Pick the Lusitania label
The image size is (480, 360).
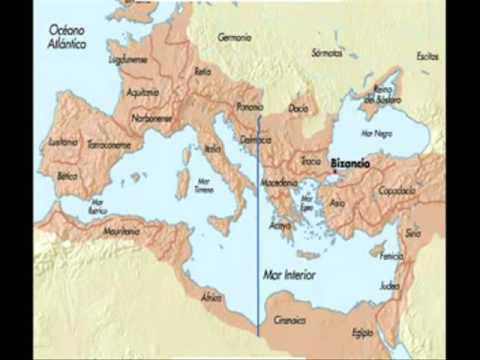click(x=63, y=143)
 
